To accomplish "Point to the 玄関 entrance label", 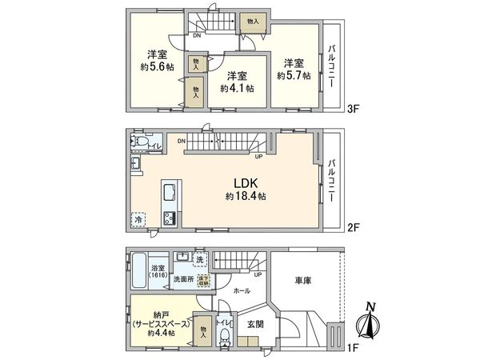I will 255,322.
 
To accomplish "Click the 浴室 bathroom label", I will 157,268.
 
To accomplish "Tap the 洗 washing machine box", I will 199,259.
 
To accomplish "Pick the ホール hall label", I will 241,292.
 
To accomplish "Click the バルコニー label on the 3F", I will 332,63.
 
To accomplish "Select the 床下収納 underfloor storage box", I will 204,280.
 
